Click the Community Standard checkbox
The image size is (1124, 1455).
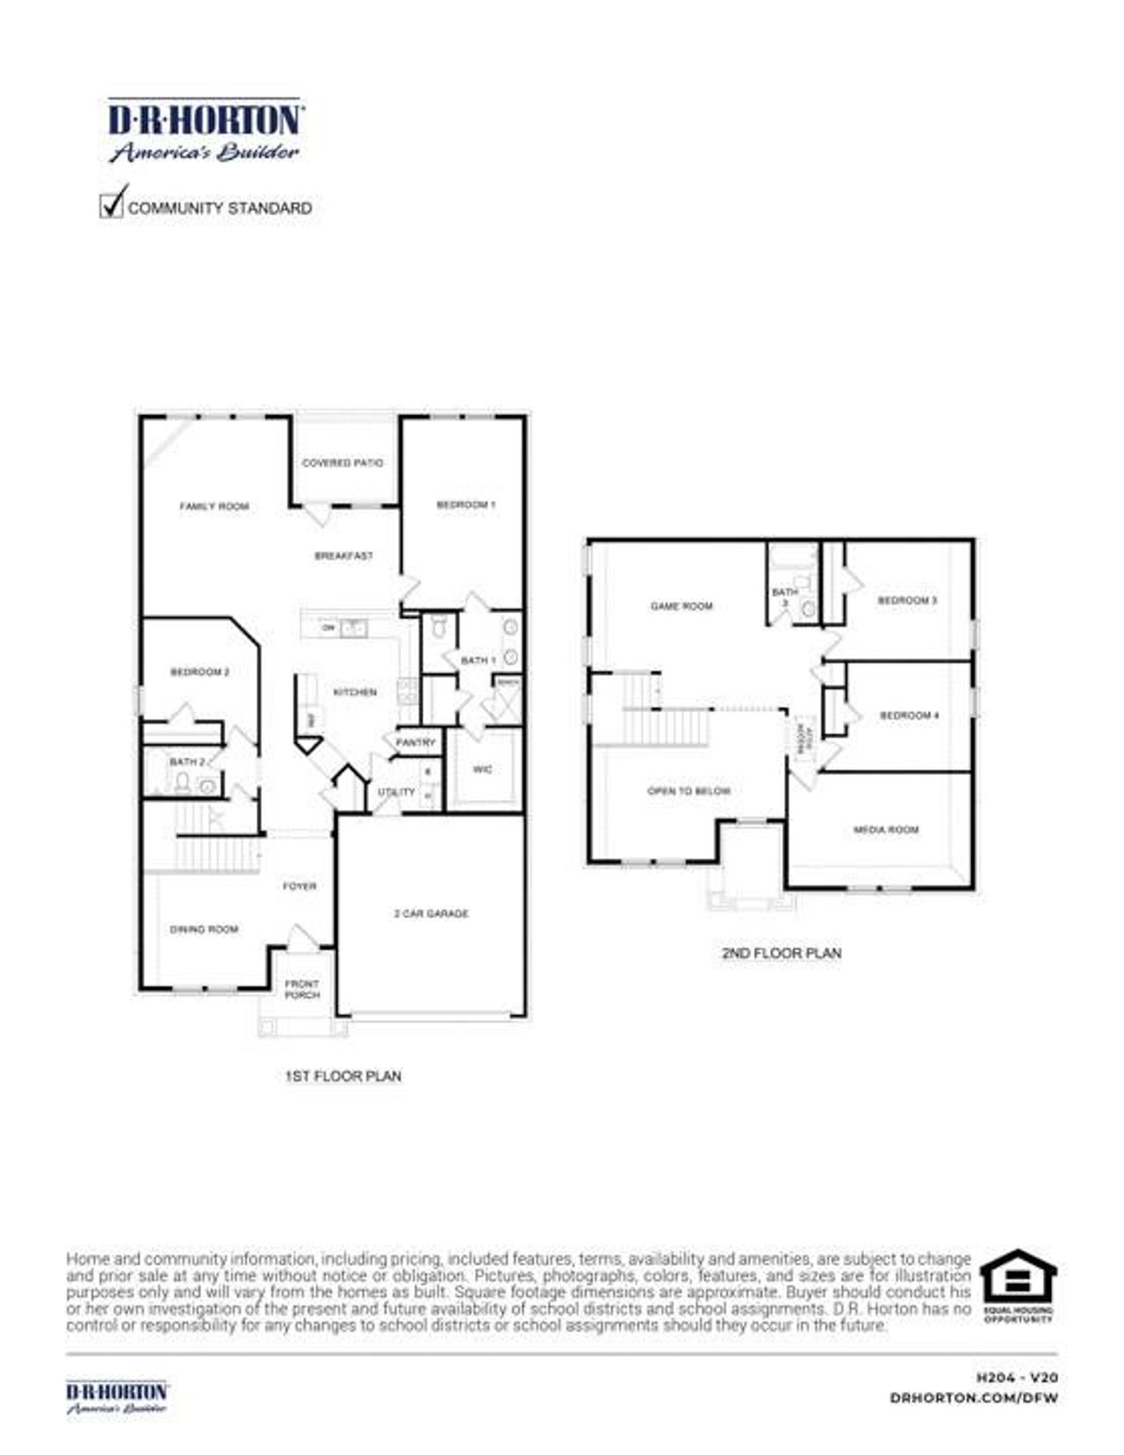112,205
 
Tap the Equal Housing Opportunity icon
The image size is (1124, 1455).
1018,1285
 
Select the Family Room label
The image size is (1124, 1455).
214,506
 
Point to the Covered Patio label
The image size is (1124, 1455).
342,462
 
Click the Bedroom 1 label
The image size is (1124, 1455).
466,505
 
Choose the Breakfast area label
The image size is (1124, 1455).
343,555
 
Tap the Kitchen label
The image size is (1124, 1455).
355,692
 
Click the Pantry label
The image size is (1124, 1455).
415,742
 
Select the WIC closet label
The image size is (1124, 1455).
483,770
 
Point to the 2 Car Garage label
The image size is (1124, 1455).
431,914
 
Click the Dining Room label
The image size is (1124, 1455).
204,928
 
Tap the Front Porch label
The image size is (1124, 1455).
302,989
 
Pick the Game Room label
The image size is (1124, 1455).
681,606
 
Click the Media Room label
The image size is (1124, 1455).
886,829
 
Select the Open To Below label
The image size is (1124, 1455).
688,791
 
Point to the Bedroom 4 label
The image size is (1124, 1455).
910,715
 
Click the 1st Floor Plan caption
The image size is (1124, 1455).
343,1076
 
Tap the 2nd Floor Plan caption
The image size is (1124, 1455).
782,953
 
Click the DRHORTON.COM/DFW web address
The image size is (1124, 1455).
973,1397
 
